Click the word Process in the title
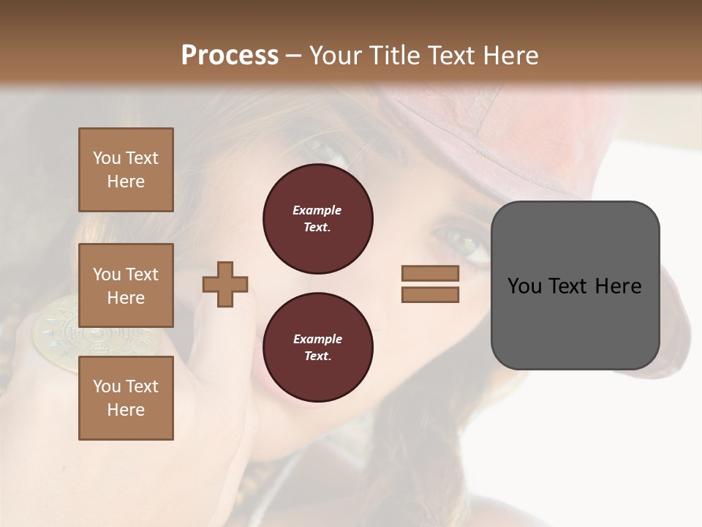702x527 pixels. [230, 56]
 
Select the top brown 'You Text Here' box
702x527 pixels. [126, 170]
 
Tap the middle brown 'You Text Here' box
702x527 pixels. [126, 285]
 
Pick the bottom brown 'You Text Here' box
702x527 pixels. [126, 398]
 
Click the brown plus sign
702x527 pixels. [225, 284]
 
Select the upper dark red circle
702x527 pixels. [317, 219]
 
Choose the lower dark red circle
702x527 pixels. [317, 348]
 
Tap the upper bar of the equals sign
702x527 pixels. [430, 273]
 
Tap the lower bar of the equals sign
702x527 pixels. [430, 294]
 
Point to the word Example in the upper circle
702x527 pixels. [317, 210]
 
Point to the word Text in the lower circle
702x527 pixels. [317, 356]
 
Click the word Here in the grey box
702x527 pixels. [618, 285]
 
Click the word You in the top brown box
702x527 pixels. [106, 158]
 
